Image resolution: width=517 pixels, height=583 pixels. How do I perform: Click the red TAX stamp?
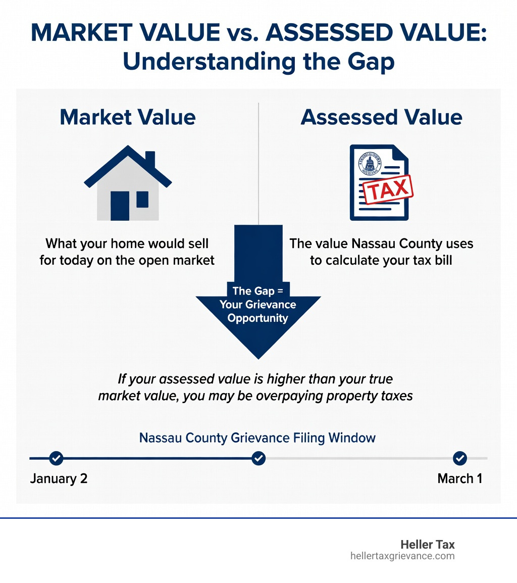388,190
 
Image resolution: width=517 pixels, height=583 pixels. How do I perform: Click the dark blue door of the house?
120,205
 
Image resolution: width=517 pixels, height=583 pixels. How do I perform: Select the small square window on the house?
142,200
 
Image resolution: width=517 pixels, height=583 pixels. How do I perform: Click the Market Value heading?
128,117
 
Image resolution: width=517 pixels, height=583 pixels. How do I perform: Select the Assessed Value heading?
381,117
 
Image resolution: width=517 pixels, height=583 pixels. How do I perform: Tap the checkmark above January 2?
56,458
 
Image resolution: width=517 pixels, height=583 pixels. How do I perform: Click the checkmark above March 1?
459,458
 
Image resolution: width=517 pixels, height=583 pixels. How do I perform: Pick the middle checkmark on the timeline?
258,458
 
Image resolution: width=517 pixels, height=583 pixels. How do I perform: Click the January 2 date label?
59,478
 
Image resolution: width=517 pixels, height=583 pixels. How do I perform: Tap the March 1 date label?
459,478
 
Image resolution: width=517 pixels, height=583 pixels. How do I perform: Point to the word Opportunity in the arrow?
257,318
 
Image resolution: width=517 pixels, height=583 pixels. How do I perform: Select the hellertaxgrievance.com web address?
402,556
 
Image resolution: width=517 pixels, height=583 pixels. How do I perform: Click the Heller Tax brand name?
427,545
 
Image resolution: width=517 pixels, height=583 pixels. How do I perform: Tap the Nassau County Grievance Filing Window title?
257,437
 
